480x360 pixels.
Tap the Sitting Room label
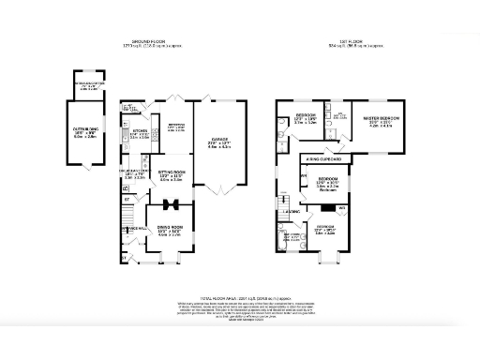pyautogui.click(x=170, y=174)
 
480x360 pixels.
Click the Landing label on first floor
pyautogui.click(x=293, y=213)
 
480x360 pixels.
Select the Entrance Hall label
pyautogui.click(x=130, y=228)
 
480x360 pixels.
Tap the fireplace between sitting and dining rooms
pyautogui.click(x=171, y=202)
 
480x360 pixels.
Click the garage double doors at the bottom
pyautogui.click(x=218, y=190)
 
